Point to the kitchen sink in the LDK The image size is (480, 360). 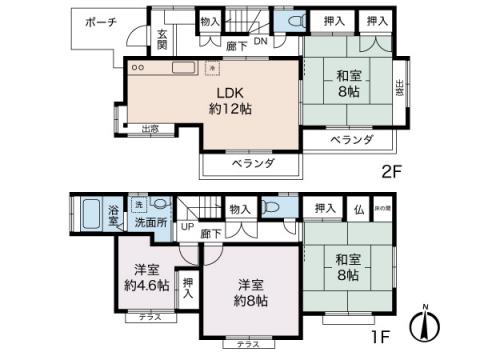coord(184,67)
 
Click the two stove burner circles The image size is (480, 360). coord(138,67)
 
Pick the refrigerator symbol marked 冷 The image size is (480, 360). coord(211,68)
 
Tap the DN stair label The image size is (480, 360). coord(259,43)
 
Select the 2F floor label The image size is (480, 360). coord(391,170)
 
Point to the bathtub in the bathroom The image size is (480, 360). coord(89,215)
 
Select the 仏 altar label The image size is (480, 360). coord(357,208)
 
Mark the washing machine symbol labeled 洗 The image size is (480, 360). coord(139,204)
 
